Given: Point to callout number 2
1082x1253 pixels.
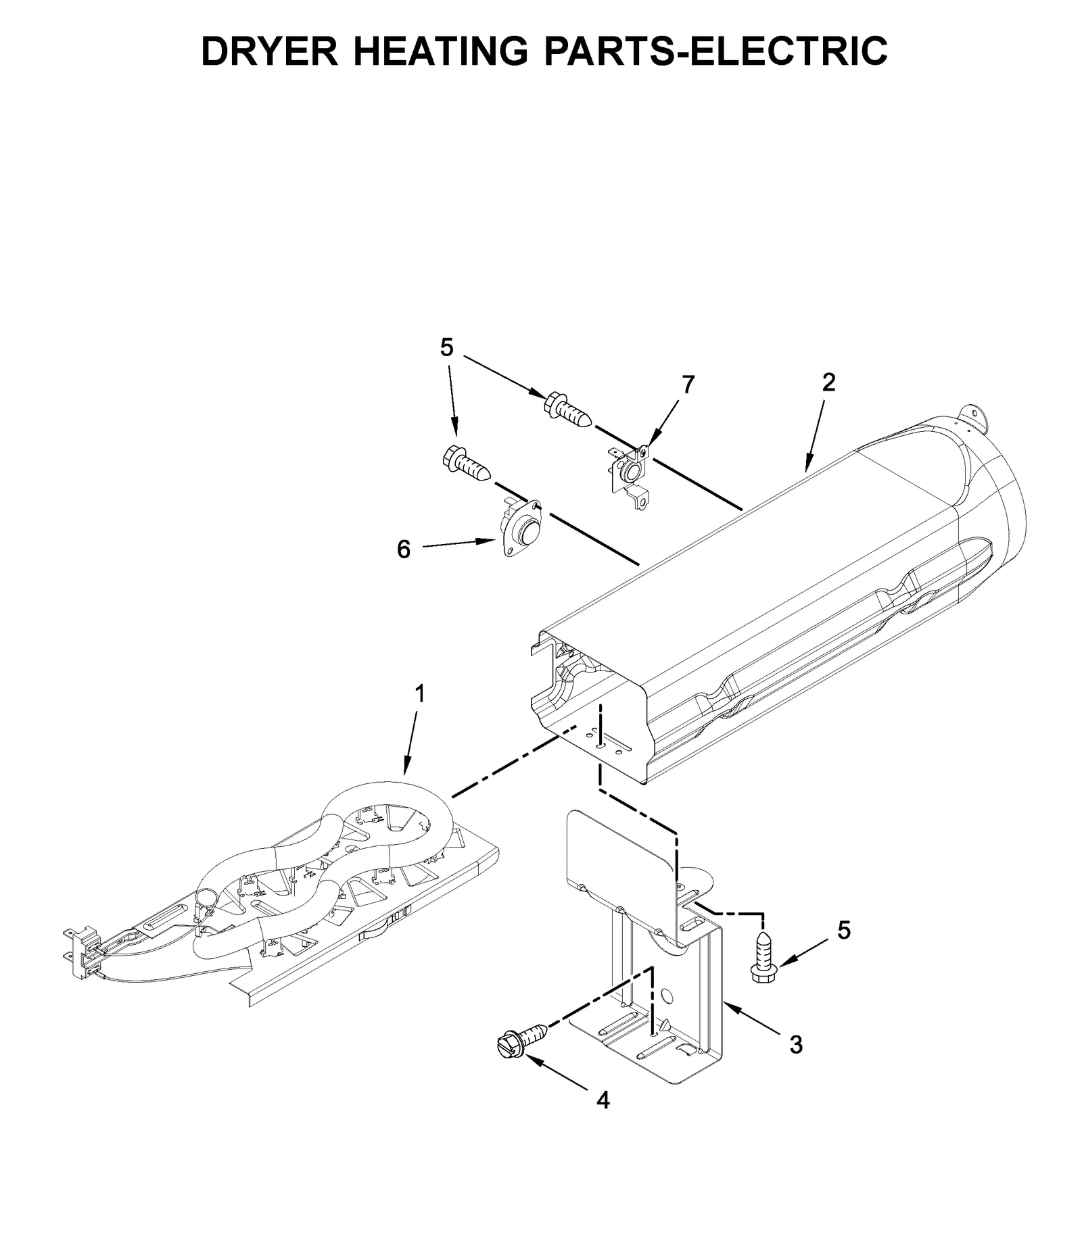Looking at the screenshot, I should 828,383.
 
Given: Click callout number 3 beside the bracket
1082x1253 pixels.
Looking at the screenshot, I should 796,1044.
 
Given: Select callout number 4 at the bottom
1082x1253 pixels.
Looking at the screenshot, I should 603,1100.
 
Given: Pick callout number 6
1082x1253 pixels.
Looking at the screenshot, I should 403,550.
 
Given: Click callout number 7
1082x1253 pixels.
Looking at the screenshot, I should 688,385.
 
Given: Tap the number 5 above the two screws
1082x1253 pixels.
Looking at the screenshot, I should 446,347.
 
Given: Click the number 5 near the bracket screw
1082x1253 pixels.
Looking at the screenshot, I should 843,931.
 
